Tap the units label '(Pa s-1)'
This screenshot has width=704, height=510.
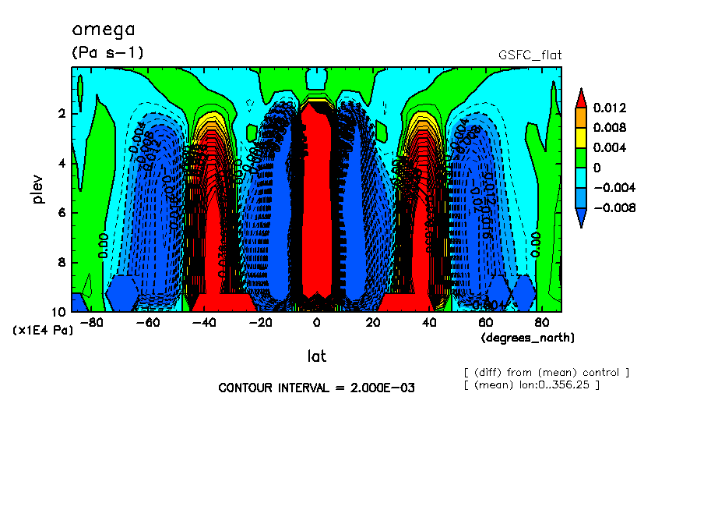(107, 53)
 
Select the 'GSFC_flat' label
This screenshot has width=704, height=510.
(530, 55)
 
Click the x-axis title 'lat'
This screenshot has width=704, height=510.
(316, 356)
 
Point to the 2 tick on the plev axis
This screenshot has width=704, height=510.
(62, 114)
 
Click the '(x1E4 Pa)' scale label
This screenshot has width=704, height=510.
(43, 331)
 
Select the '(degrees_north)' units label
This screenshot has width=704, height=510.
(528, 338)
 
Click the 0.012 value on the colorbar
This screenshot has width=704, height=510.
(610, 108)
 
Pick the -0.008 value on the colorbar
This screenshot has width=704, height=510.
(612, 208)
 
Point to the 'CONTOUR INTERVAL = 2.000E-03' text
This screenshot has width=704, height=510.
(316, 388)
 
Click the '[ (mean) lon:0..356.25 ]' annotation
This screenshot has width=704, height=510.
(531, 385)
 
